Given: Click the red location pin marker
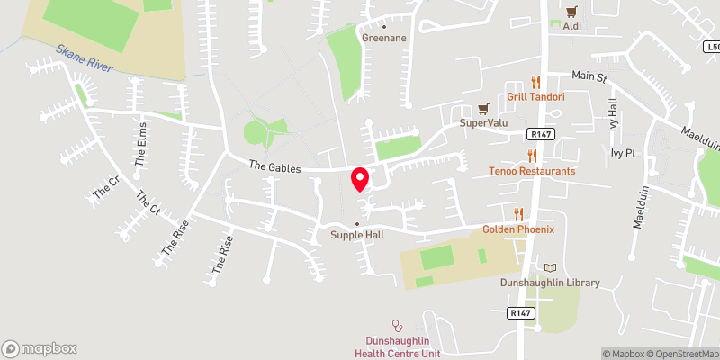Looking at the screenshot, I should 360,179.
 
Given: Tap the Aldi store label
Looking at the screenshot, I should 571,26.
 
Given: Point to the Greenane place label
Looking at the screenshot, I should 384,38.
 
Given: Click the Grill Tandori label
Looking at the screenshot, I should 535,96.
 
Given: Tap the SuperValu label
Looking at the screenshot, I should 480,122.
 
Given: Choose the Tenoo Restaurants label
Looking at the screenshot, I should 532,171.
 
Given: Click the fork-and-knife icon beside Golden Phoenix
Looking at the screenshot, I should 518,214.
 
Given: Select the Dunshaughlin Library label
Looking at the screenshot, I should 550,283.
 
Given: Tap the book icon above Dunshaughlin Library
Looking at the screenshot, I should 551,267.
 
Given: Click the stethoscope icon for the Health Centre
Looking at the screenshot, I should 395,325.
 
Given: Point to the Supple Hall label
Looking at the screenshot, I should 357,236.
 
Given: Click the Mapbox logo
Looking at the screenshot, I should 40,348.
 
